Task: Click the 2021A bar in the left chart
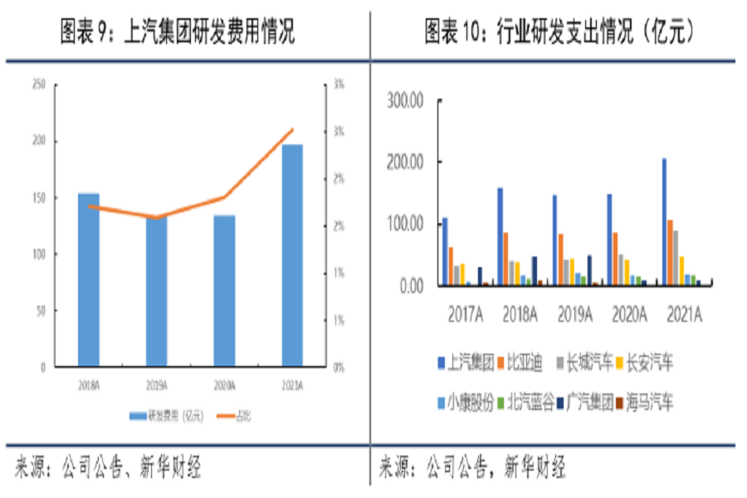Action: pyautogui.click(x=292, y=256)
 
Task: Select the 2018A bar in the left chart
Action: pyautogui.click(x=89, y=280)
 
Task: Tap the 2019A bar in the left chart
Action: pyautogui.click(x=157, y=291)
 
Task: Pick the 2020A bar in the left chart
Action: pyautogui.click(x=224, y=290)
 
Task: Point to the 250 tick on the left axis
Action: pyautogui.click(x=38, y=84)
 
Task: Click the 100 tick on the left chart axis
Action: pyautogui.click(x=38, y=254)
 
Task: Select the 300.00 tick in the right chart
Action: pyautogui.click(x=406, y=100)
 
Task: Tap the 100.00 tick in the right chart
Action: pyautogui.click(x=406, y=224)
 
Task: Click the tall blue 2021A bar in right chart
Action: pyautogui.click(x=664, y=222)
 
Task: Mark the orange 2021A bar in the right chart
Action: pyautogui.click(x=671, y=252)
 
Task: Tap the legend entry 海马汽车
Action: pyautogui.click(x=651, y=403)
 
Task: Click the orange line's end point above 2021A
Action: pyautogui.click(x=293, y=129)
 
